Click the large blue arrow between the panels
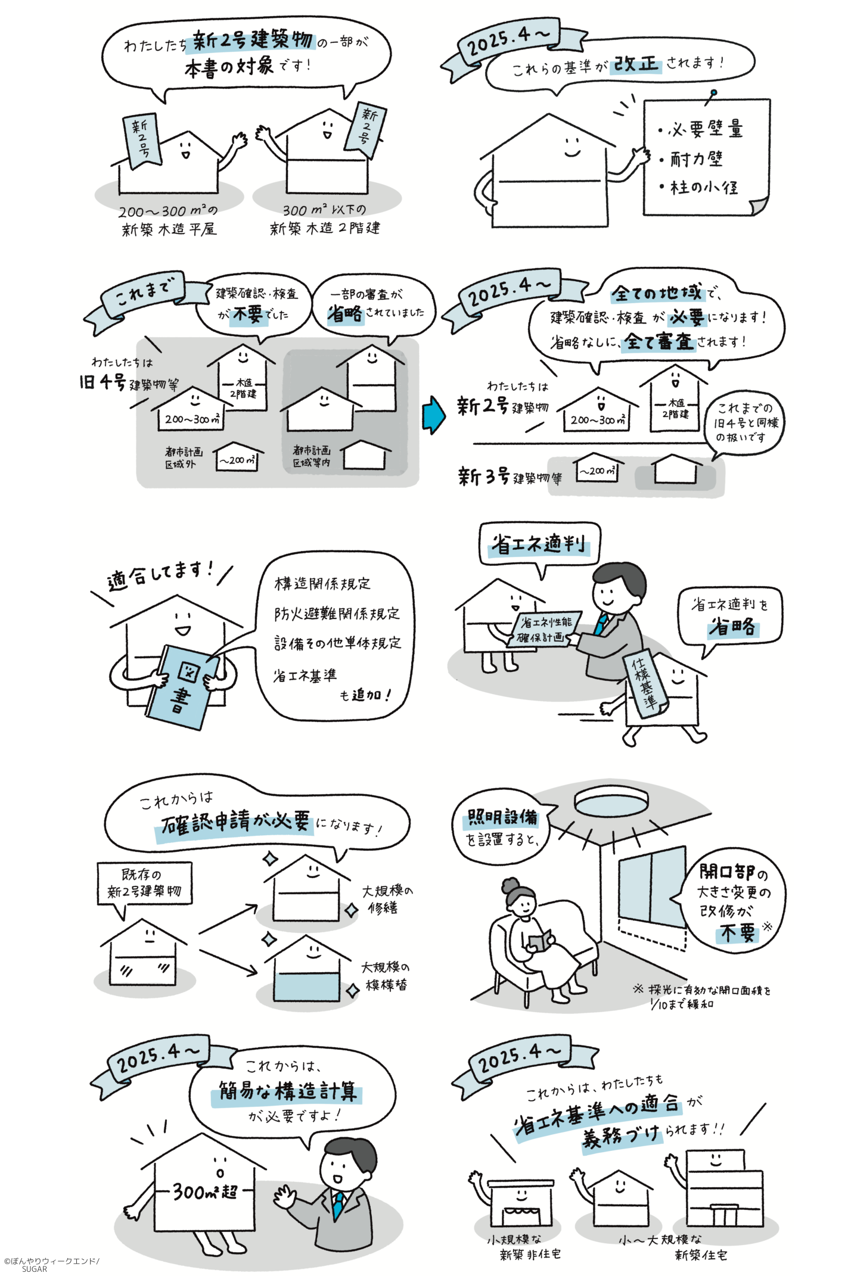coord(433,415)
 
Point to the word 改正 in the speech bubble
coord(636,64)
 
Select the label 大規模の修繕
coord(387,900)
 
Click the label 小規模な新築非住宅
coord(523,1246)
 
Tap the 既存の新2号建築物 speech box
coord(145,883)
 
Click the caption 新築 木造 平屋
coord(169,229)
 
